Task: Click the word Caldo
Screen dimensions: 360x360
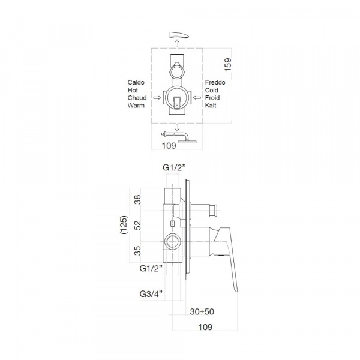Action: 136,82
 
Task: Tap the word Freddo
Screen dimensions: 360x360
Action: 215,82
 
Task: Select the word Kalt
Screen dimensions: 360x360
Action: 211,106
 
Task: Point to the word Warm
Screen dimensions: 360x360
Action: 136,106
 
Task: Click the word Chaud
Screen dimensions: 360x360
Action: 137,98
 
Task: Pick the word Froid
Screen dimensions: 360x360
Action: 212,98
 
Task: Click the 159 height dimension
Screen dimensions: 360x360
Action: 228,65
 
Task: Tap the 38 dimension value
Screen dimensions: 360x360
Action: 137,200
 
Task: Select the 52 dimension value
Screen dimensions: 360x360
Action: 137,225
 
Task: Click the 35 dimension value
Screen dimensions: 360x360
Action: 137,251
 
